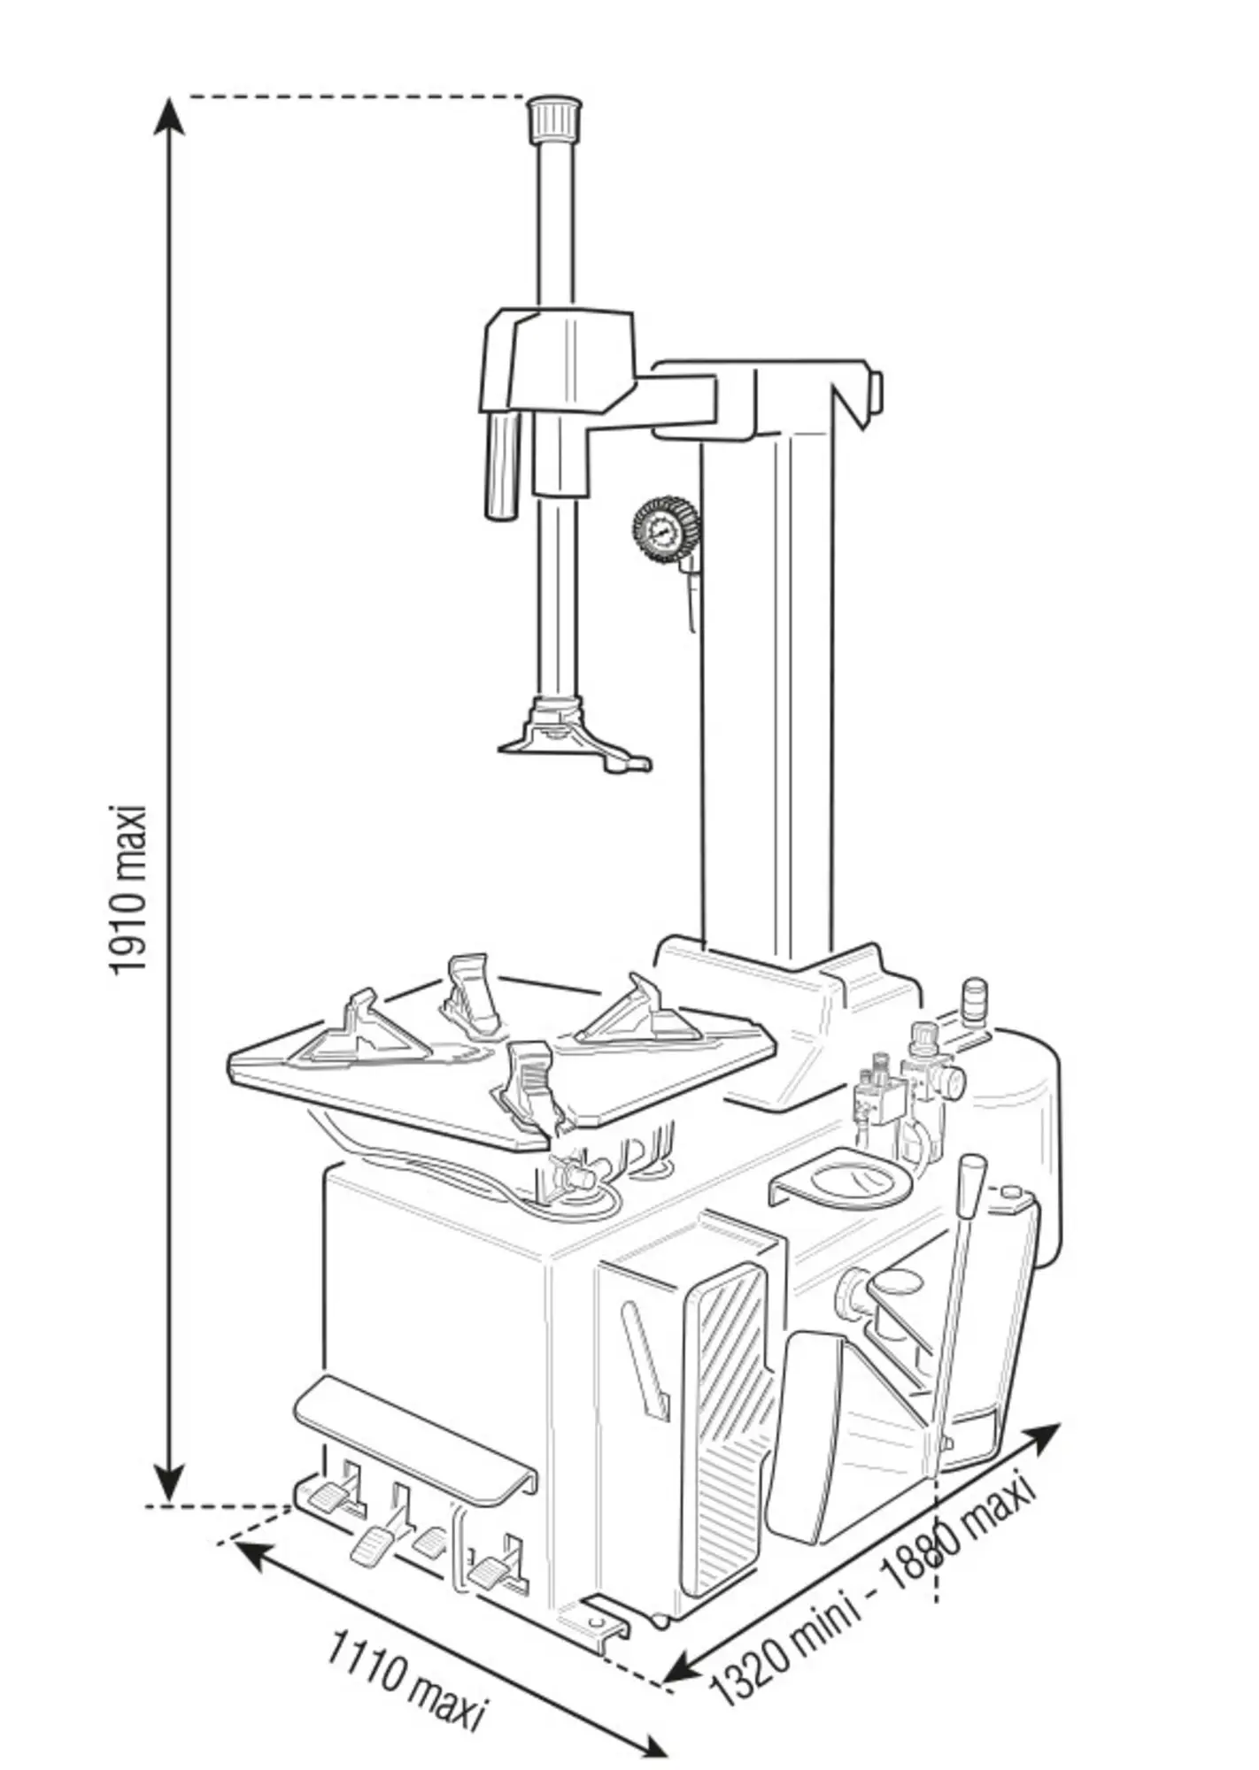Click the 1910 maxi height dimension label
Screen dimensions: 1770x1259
pos(127,889)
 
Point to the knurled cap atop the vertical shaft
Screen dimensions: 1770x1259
pos(555,118)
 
